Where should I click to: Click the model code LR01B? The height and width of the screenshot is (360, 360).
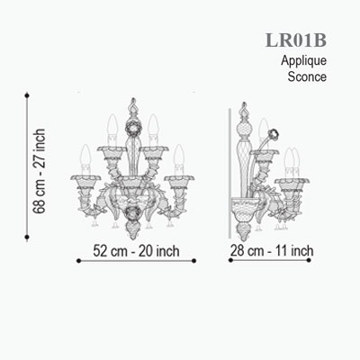tap(296, 40)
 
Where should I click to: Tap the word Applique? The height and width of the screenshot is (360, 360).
tap(303, 61)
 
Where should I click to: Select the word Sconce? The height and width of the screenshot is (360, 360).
tap(307, 76)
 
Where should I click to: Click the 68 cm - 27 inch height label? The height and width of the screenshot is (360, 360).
tap(40, 171)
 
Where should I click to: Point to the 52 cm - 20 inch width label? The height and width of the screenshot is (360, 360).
tap(136, 251)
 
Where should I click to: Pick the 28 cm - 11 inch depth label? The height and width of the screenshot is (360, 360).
tap(272, 250)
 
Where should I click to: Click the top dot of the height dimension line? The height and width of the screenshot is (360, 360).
tap(27, 95)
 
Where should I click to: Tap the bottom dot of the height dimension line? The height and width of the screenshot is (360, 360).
tap(27, 237)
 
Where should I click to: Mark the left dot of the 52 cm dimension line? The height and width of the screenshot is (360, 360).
tap(79, 261)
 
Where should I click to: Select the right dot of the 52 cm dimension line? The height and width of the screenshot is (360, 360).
tap(193, 261)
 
